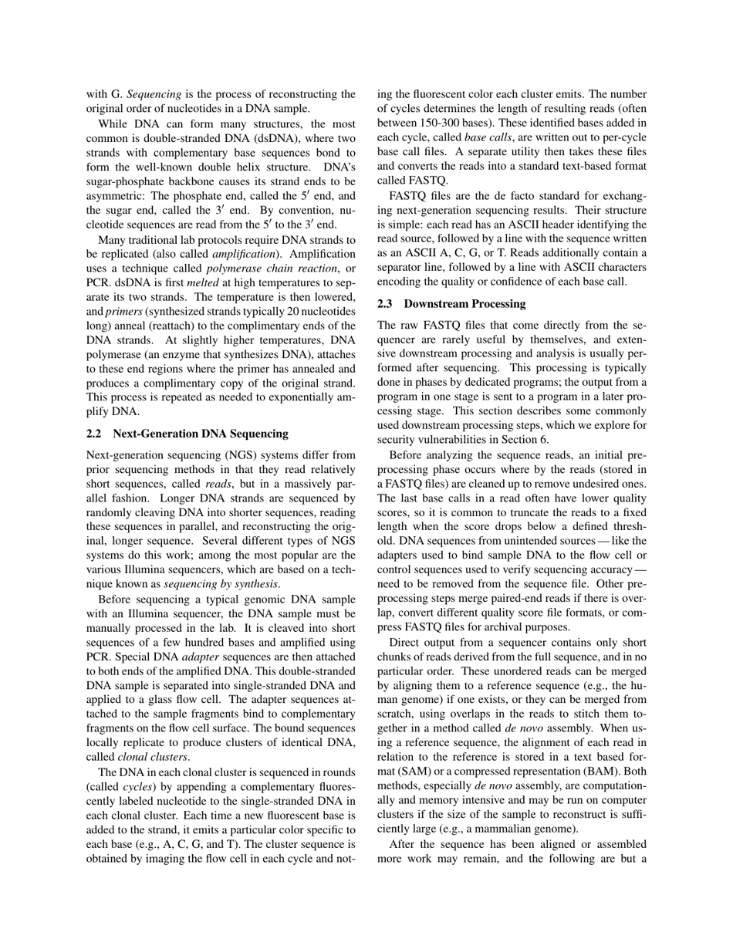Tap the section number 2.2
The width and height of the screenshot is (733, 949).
[x=96, y=434]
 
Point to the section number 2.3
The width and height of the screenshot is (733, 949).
[x=387, y=304]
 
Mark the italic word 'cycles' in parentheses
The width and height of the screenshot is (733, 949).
[x=139, y=786]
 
